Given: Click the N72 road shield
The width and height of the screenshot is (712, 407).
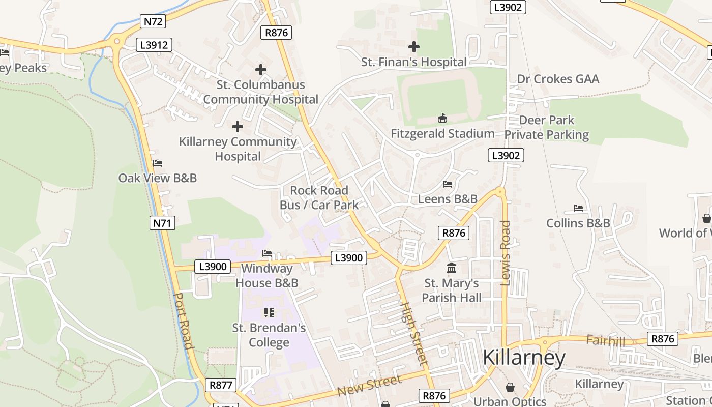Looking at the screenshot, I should coord(154,21).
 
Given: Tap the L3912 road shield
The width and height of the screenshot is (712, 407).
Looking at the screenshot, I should coord(154,45).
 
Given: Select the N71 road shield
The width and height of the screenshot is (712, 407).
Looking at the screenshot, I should coord(163,222).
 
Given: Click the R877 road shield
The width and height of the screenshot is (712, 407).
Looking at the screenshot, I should coord(221,385).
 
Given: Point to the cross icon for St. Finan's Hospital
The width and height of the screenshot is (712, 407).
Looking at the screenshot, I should coord(414,47).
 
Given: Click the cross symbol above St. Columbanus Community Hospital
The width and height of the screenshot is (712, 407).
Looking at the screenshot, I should coord(261,70).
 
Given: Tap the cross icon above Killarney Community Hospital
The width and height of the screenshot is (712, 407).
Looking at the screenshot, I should coord(238,127).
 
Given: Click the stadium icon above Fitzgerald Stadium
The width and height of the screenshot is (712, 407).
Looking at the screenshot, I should coord(442,119).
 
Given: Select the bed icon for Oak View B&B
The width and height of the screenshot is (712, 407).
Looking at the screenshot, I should coord(158,163).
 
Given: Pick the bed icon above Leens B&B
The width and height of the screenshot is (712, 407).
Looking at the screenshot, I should coord(448,184).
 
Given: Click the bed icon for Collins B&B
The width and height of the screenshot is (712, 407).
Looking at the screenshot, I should coord(578,208).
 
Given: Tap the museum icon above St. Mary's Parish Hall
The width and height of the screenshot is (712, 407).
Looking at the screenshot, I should coord(452,268).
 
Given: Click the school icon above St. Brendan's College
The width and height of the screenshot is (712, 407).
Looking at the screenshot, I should coord(269,312).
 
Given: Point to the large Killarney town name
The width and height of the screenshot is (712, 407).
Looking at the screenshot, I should coord(523,358).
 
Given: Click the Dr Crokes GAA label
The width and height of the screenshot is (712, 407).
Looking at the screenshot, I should coord(558,79).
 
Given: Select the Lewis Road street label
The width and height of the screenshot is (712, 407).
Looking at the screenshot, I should coord(505,253).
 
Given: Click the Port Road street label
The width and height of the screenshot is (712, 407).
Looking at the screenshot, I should coord(184,321).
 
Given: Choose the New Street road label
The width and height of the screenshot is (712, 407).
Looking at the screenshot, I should coord(369,385).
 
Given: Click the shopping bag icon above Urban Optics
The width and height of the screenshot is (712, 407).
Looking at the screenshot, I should coord(510,388).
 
